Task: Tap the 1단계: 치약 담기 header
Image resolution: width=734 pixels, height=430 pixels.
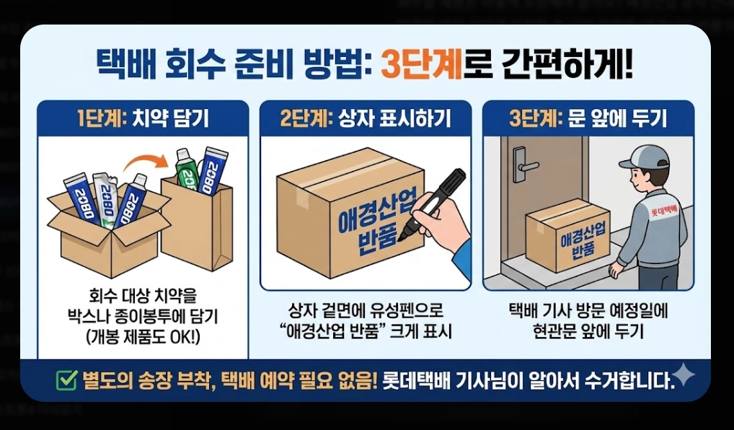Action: point(142,118)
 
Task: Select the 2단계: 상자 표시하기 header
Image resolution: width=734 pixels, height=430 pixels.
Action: point(366,118)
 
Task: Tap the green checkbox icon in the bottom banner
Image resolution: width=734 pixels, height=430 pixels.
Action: point(66,380)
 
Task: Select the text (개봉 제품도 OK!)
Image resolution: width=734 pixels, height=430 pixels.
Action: point(142,335)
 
